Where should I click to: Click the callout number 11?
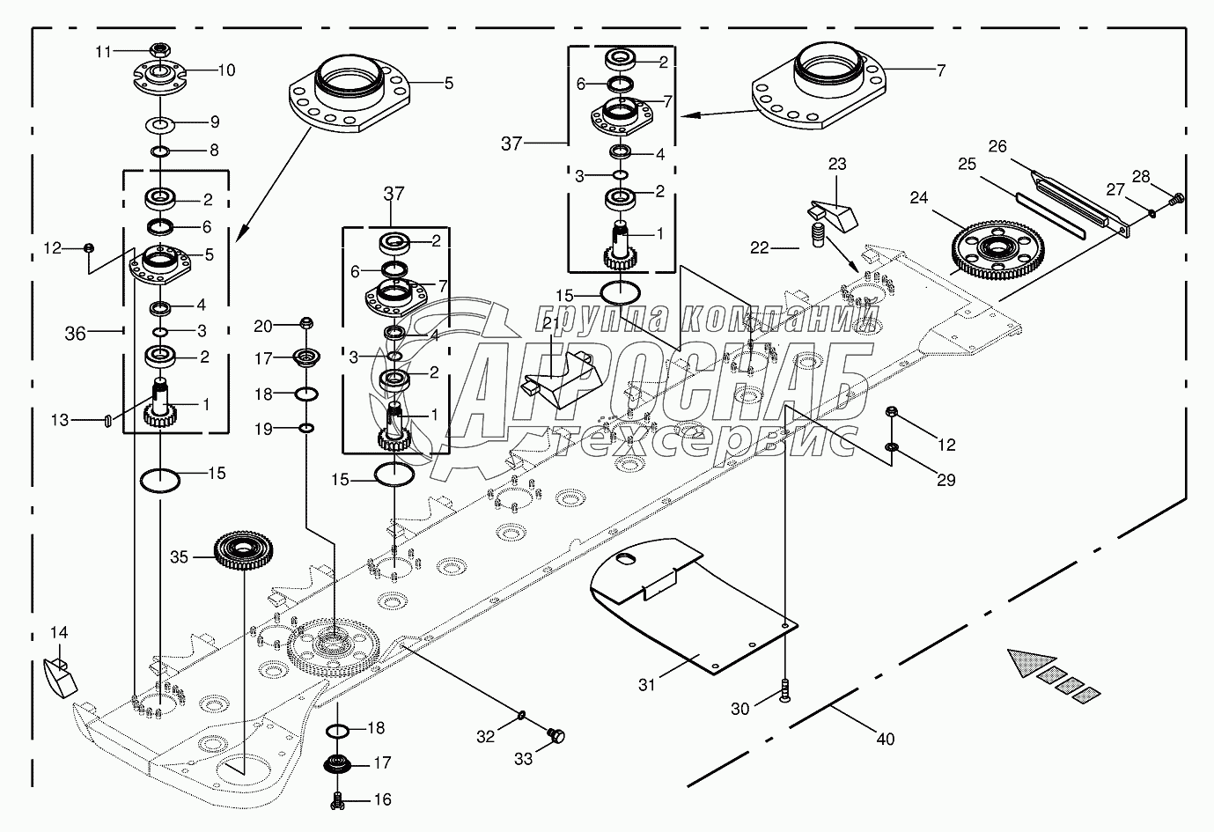coord(103,52)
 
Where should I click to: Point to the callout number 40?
coord(885,739)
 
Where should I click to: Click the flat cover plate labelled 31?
coord(687,607)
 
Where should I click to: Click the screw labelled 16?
coord(337,801)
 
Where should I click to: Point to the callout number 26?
coord(997,146)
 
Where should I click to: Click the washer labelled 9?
coord(159,121)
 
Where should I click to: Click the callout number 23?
coord(836,164)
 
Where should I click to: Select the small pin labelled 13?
coord(107,421)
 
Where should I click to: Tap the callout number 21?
coord(551,324)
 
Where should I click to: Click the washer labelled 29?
coord(891,450)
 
